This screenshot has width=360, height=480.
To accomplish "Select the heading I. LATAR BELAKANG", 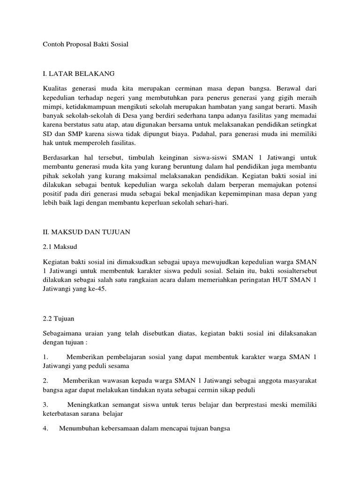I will click(79, 74).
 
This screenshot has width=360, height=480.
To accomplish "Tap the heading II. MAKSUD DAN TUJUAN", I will click(86, 231).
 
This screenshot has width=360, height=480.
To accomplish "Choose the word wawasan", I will click(120, 381).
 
